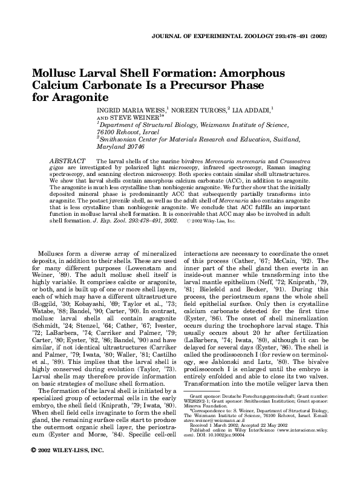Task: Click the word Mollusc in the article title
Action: pyautogui.click(x=59, y=72)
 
